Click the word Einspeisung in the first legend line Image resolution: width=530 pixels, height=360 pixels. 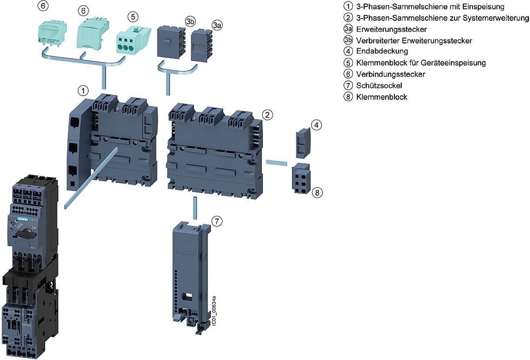(484, 7)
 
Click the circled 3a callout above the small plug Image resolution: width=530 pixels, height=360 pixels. (216, 26)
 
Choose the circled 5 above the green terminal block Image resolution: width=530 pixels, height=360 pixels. (132, 16)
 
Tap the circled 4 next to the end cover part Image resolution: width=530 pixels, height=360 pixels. (316, 125)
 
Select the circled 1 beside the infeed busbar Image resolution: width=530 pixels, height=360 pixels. (82, 91)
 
